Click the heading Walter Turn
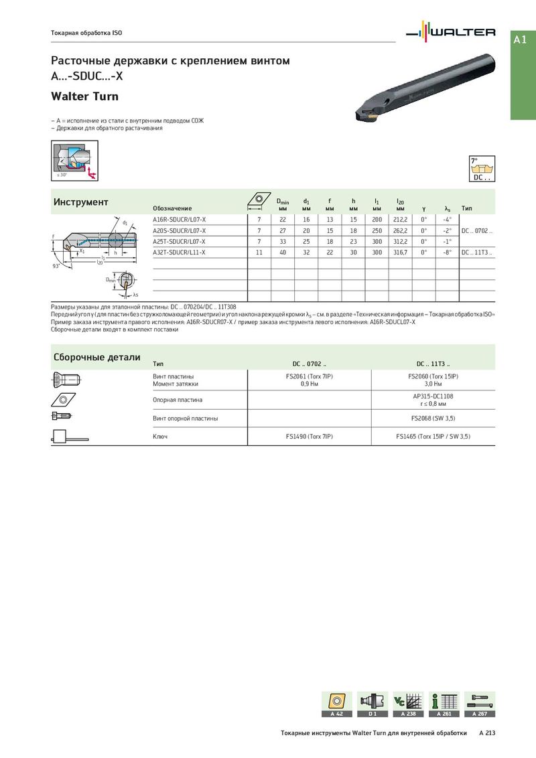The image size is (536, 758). pos(85,96)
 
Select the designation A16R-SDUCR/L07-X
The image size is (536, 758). pos(180,219)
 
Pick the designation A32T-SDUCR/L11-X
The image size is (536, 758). pos(180,252)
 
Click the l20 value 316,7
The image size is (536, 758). pos(400,252)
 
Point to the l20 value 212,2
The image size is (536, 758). pos(400,219)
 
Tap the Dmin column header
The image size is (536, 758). pos(283,204)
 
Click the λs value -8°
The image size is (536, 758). pos(448,252)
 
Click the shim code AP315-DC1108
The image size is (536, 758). pos(433,396)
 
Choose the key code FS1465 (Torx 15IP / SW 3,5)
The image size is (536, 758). pos(433,436)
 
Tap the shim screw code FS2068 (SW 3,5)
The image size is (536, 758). pos(433,419)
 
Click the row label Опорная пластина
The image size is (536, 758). pos(178,400)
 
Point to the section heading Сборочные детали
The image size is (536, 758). pos(96,358)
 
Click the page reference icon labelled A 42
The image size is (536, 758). pos(336,704)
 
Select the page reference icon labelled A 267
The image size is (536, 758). pos(480,704)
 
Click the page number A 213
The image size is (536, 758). pos(487,733)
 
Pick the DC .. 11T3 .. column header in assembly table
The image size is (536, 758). pos(433,364)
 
